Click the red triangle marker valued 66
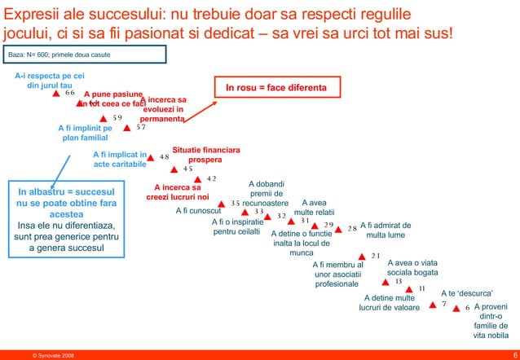56,94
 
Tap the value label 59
117,118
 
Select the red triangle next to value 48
151,158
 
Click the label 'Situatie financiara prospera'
205,156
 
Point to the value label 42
211,179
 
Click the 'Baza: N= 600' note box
86,55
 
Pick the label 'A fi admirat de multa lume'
386,230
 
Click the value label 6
468,308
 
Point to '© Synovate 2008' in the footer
53,354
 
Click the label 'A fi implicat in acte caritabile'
120,159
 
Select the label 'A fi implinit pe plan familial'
85,133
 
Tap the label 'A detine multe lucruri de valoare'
389,303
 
